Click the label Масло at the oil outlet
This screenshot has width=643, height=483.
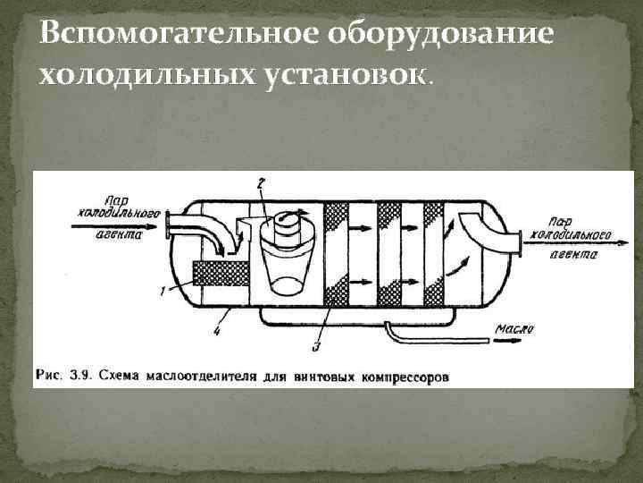(x=515, y=329)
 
